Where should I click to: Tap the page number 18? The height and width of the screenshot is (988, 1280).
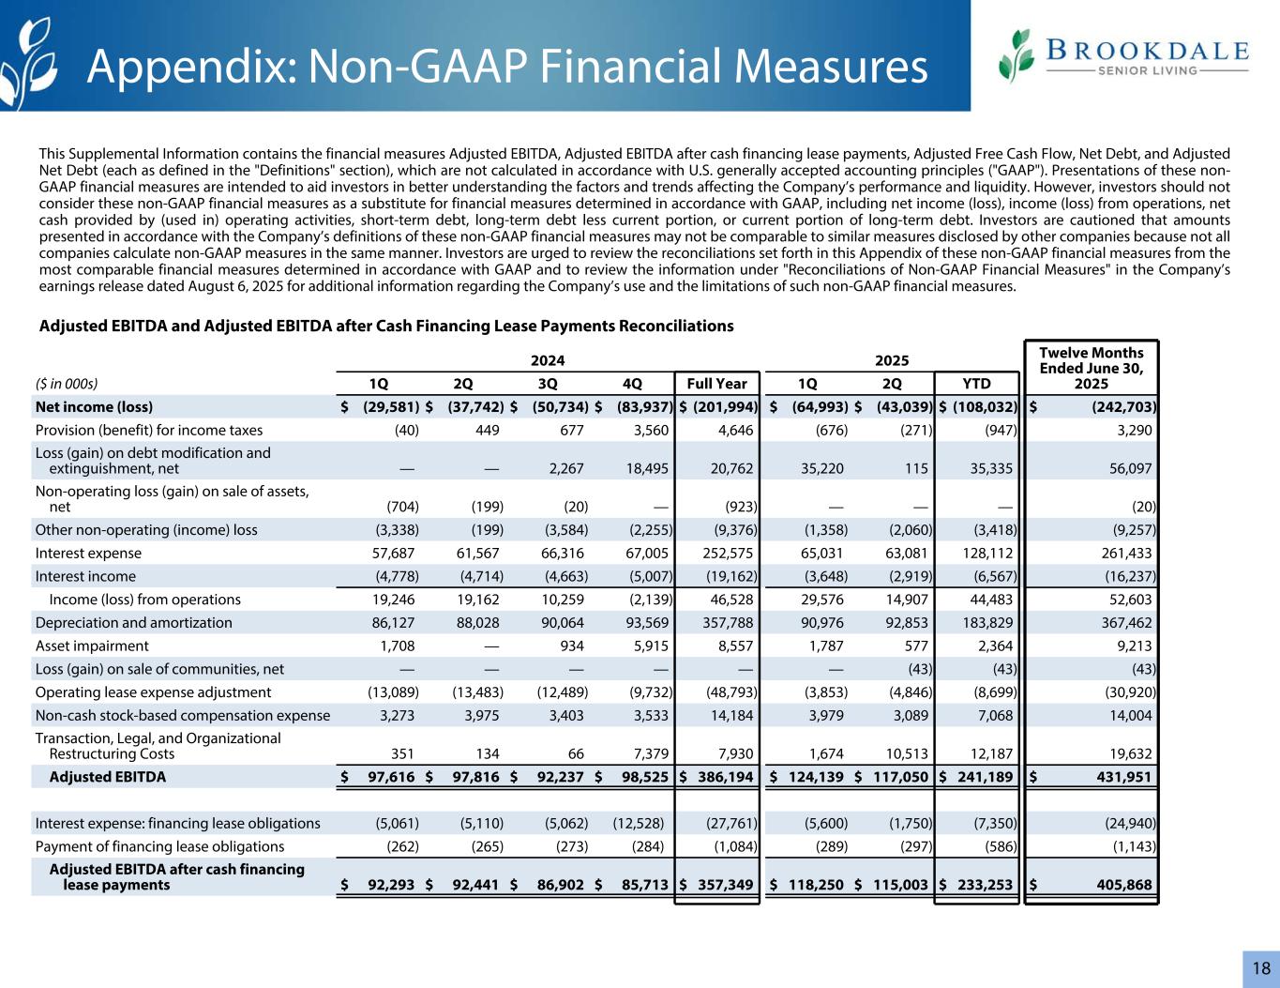[1260, 968]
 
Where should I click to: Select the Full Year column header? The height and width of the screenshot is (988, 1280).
[716, 383]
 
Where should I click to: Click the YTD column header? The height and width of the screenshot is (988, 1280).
[978, 383]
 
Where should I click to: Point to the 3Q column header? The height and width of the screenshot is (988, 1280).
[548, 383]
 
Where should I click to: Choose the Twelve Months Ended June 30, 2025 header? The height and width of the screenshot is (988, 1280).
[1092, 368]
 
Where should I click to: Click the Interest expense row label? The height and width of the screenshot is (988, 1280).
[88, 554]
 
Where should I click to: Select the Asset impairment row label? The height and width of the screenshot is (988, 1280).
[92, 646]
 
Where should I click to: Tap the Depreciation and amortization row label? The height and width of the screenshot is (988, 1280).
[133, 623]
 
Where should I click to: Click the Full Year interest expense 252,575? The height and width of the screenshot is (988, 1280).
[729, 554]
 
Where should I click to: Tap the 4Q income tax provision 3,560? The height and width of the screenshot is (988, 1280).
[646, 431]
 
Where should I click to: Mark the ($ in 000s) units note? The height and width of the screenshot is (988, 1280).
[66, 383]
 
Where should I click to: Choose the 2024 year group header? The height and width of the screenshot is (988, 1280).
[548, 360]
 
